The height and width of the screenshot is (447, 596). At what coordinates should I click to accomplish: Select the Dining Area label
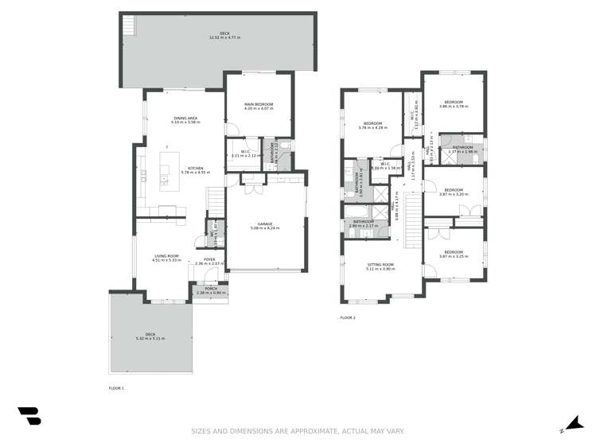(186, 120)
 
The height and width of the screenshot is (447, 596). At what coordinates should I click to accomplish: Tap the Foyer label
(209, 261)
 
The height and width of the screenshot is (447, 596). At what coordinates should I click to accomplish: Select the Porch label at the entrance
(211, 291)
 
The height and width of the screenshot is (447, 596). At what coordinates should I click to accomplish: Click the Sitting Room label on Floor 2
(380, 266)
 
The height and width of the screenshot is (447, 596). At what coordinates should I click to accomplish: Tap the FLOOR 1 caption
(116, 388)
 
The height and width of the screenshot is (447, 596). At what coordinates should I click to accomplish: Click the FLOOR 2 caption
(348, 317)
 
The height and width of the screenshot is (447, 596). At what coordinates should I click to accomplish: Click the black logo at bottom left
(29, 416)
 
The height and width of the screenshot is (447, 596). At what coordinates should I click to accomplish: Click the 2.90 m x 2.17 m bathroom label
(364, 224)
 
